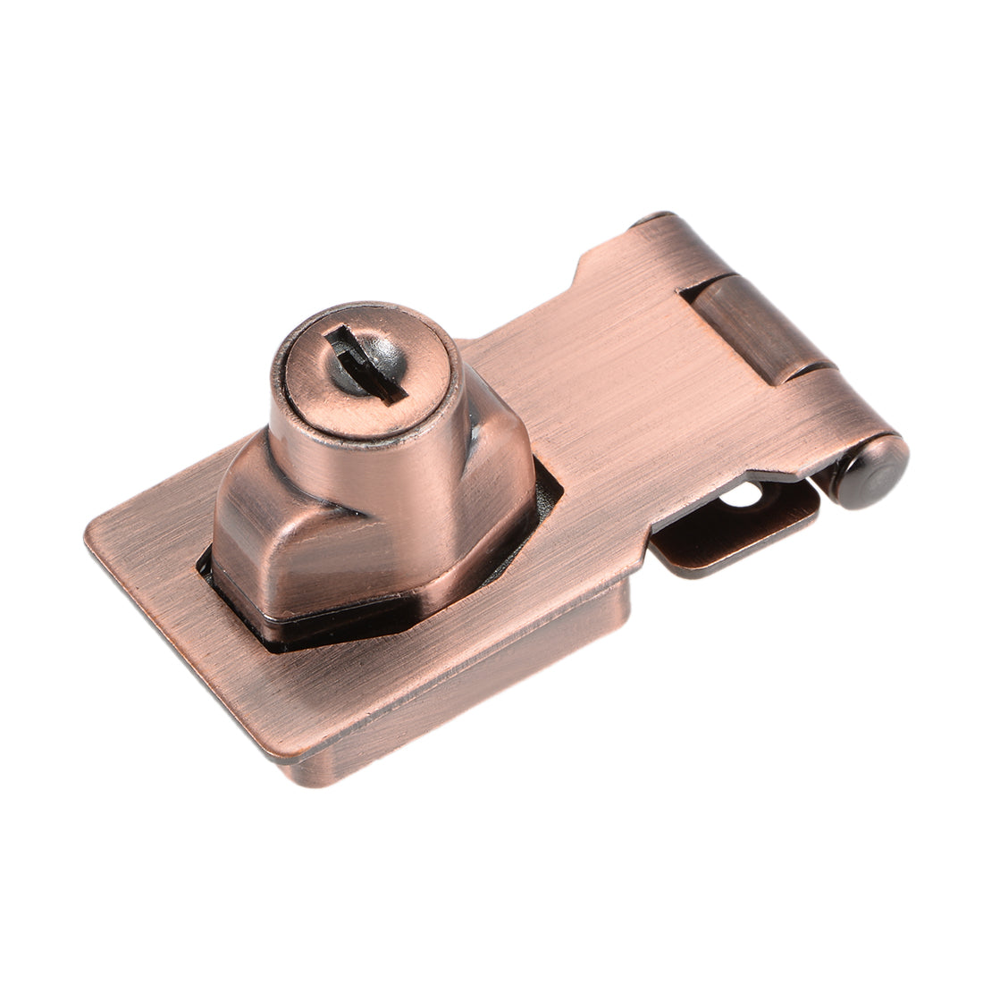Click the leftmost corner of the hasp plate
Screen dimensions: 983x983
point(89,536)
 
